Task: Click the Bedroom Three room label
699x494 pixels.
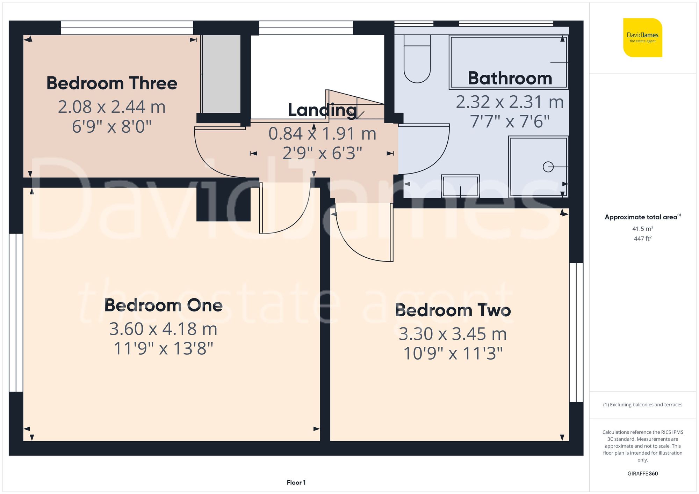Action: (112, 83)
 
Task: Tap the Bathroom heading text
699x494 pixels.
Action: (510, 78)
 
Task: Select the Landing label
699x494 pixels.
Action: (322, 110)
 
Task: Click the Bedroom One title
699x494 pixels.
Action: (163, 305)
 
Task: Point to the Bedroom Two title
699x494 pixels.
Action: (453, 310)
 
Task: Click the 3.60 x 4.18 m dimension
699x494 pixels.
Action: (163, 329)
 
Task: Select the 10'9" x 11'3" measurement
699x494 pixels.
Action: (453, 354)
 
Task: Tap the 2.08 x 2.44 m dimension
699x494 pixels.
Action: (112, 107)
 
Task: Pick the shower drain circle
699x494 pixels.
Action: (548, 167)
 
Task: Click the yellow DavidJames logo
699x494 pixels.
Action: (642, 38)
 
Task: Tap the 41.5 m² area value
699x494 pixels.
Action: (642, 229)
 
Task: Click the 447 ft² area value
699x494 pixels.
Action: (642, 239)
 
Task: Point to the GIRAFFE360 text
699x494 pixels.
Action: (642, 474)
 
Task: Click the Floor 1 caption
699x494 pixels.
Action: (296, 482)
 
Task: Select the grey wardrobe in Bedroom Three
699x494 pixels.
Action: (222, 74)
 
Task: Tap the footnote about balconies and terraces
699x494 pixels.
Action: (642, 405)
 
